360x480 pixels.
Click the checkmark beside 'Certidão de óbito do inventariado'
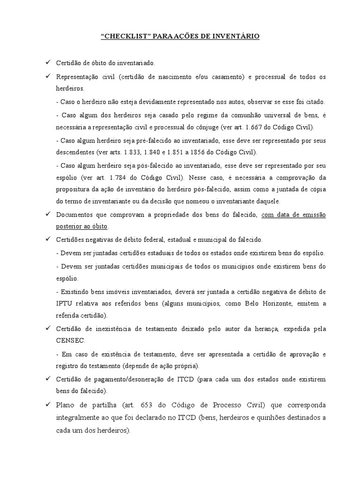click(x=47, y=62)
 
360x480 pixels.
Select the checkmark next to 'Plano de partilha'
click(x=47, y=404)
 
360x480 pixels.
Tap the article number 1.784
click(x=123, y=178)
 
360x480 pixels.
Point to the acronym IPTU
click(x=63, y=303)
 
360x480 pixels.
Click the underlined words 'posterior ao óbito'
click(x=82, y=226)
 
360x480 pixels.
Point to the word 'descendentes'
click(x=75, y=153)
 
